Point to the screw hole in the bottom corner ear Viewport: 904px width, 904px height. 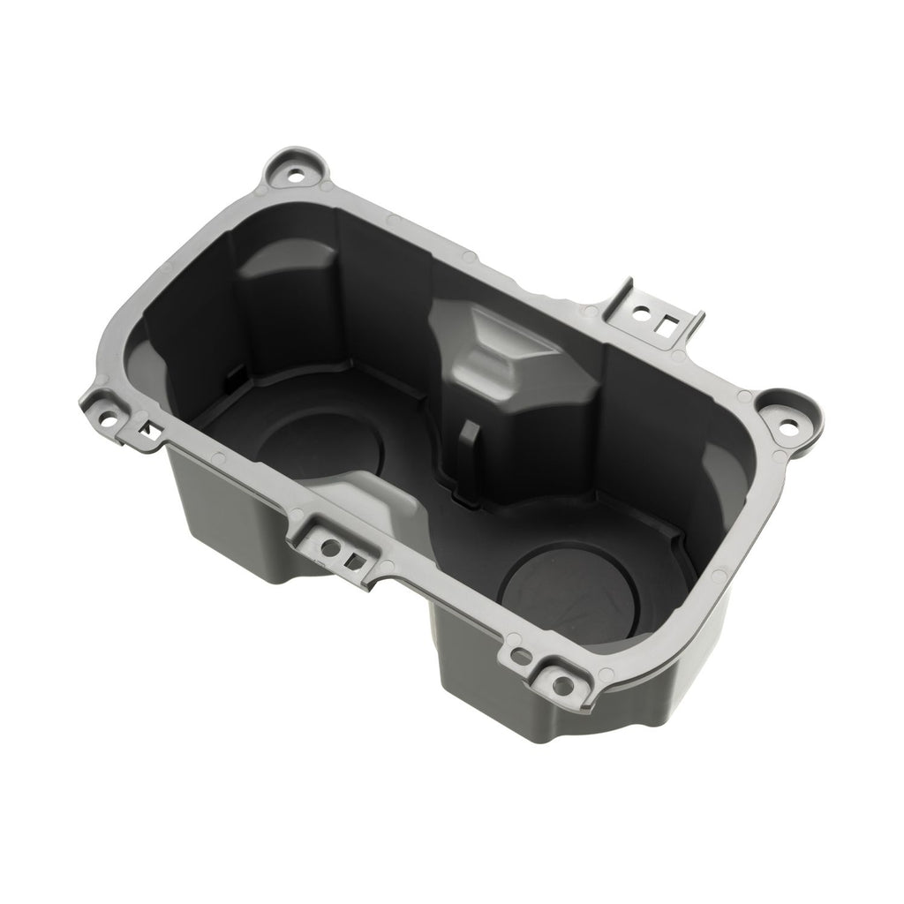(x=560, y=682)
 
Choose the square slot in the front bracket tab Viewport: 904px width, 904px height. (x=352, y=559)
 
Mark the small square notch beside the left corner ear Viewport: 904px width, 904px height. (x=151, y=431)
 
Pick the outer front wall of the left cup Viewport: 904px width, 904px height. (x=230, y=521)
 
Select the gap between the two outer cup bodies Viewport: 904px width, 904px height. (x=397, y=600)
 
